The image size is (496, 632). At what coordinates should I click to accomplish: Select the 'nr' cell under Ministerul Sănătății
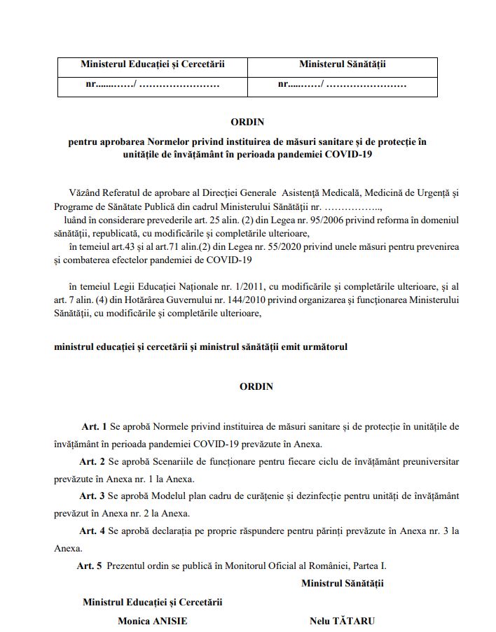click(343, 85)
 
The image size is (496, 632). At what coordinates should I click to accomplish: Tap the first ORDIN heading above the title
click(247, 122)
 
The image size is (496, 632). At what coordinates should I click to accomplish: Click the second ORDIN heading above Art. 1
click(256, 386)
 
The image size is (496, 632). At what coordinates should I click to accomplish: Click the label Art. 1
click(95, 426)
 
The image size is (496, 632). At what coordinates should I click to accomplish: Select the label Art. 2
click(92, 461)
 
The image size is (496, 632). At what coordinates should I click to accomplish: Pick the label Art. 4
click(92, 531)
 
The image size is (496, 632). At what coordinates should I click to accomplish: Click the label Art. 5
click(90, 566)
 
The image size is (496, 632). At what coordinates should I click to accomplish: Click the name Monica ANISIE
click(153, 621)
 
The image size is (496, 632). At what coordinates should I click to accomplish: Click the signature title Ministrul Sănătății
click(343, 582)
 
